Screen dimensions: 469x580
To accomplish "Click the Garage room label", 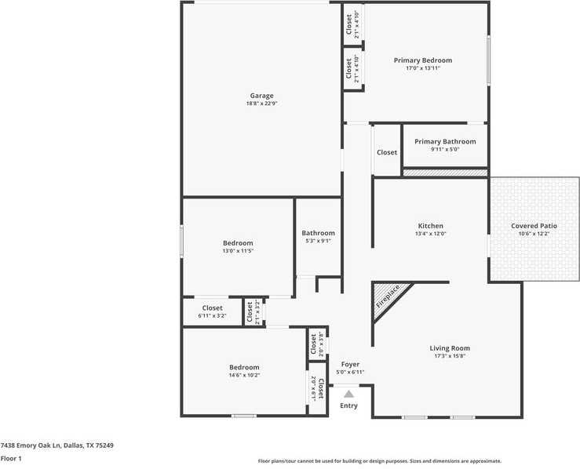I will (x=262, y=96).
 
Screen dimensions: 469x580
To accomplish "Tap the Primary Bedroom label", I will (x=423, y=60).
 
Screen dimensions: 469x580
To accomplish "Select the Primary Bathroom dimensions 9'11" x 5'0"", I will (x=444, y=150).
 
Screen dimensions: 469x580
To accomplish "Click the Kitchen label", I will (x=430, y=226).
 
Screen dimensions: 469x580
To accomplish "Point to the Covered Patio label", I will (x=534, y=226).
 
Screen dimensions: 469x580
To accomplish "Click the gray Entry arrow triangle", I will (x=348, y=394).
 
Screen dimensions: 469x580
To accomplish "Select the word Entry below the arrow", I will (x=348, y=405).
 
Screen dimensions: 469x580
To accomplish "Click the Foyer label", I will (x=349, y=364).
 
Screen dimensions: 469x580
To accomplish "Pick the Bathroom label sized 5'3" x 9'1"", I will (x=319, y=233).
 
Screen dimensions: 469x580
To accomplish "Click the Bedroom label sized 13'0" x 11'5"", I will (x=238, y=243).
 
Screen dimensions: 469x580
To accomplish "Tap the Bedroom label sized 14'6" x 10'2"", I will (x=244, y=367).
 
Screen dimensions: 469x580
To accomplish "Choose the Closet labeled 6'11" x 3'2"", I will (x=212, y=308).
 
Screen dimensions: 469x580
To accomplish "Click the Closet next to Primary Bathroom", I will (x=387, y=152).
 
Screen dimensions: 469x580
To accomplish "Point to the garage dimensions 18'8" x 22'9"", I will (x=262, y=104).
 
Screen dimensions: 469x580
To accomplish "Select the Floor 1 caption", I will (x=11, y=458).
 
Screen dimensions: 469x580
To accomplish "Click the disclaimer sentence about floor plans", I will (x=380, y=461).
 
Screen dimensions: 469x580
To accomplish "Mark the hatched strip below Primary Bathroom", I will (x=445, y=172).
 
